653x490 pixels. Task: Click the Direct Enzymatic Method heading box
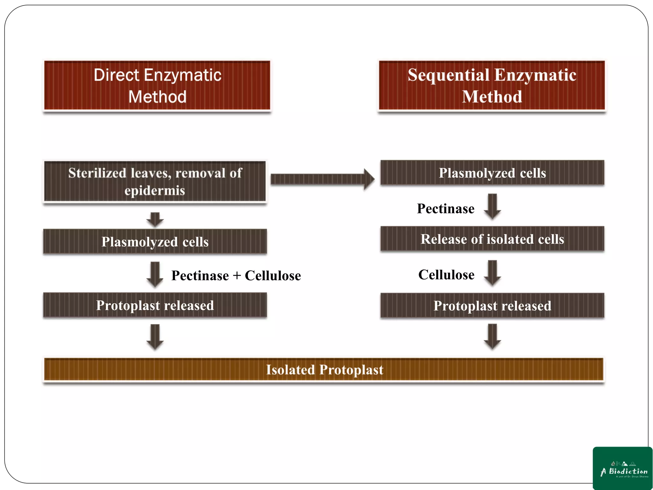pos(157,85)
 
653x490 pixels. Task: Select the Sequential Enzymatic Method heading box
pos(492,85)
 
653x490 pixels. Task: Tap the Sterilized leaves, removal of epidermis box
pos(155,182)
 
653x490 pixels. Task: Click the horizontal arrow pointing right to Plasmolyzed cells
pos(322,179)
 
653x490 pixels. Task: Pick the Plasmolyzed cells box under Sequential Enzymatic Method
pos(492,173)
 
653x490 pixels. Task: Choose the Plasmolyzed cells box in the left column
pos(155,241)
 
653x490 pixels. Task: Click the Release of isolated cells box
pos(492,239)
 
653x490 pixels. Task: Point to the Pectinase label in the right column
pos(445,209)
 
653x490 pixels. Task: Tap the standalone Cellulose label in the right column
pos(446,275)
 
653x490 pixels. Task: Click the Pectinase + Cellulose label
pos(236,276)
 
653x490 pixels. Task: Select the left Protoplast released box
pos(155,305)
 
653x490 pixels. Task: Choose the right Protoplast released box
pos(492,306)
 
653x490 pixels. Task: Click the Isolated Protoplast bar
pos(324,370)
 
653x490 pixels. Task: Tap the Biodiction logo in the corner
pos(622,468)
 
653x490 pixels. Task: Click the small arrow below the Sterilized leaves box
pos(155,219)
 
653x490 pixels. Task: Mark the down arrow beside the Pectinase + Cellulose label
pos(155,274)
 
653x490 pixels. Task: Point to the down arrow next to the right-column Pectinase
pos(492,206)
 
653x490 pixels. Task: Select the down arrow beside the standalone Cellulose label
pos(492,273)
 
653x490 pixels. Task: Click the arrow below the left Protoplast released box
pos(155,337)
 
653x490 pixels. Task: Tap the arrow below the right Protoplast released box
pos(492,337)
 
